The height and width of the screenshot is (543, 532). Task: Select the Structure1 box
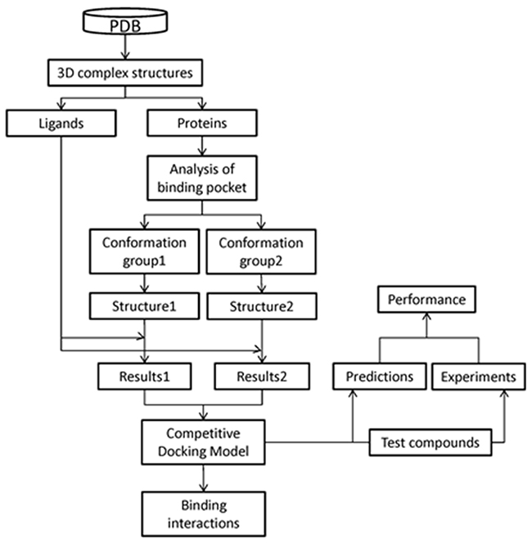[x=144, y=309]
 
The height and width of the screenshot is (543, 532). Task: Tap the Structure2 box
[x=259, y=309]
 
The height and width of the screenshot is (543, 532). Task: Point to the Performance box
[x=427, y=299]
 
